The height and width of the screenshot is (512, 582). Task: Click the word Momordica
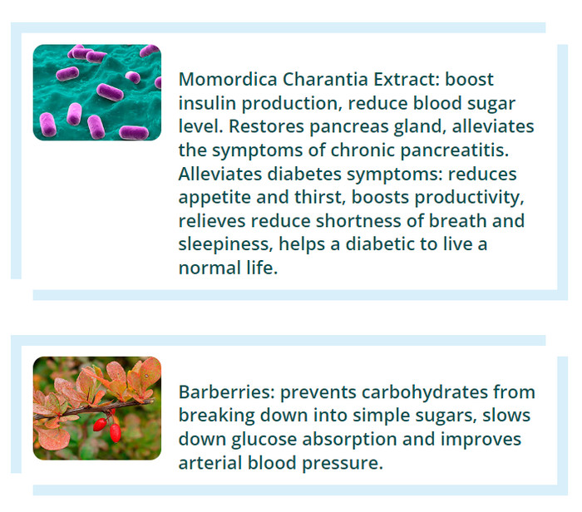(x=228, y=79)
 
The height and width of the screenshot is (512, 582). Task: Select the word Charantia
(x=326, y=79)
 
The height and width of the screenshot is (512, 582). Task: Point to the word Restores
(x=266, y=126)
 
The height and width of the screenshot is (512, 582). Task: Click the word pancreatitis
(x=454, y=150)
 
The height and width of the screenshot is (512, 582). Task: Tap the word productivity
(x=469, y=198)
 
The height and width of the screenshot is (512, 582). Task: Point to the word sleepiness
(x=225, y=244)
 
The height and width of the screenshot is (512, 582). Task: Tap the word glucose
(x=264, y=440)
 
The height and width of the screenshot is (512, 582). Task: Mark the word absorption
(x=350, y=440)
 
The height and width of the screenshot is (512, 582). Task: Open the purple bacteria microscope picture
(x=97, y=92)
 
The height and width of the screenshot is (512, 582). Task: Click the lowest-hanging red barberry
(x=116, y=433)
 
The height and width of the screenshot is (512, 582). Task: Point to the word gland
(x=420, y=127)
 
